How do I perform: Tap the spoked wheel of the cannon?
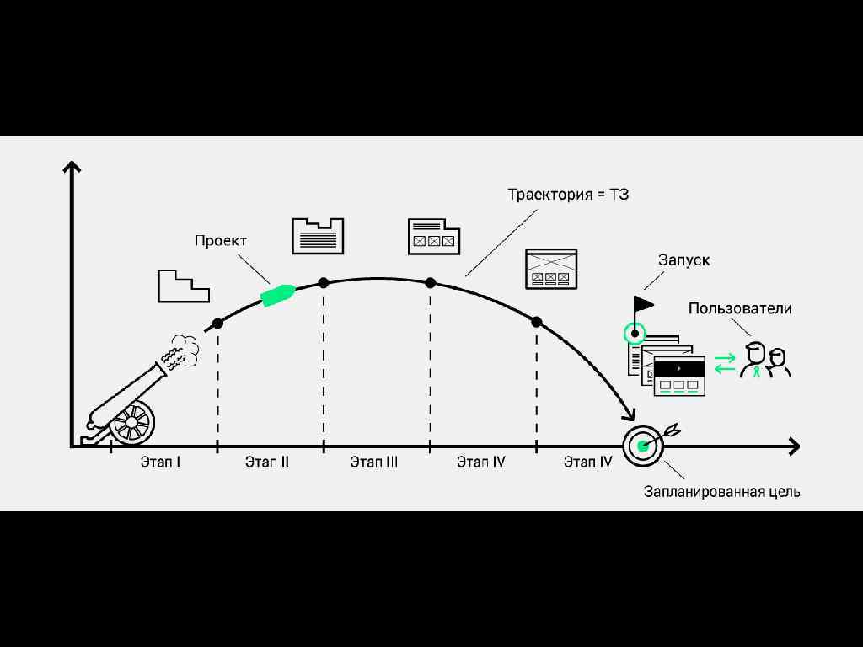click(132, 423)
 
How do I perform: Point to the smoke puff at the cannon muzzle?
click(181, 351)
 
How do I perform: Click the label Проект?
click(221, 241)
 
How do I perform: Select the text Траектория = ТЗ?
click(568, 195)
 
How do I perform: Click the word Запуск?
click(683, 260)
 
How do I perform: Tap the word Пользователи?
click(740, 308)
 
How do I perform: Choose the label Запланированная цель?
click(722, 492)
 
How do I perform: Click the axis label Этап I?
click(161, 462)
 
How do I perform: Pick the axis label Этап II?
click(267, 462)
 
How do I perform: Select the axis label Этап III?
click(374, 462)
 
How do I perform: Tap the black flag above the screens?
click(643, 302)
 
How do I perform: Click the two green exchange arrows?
click(725, 363)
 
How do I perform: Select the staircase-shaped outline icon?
click(183, 286)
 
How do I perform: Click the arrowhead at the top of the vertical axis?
click(72, 165)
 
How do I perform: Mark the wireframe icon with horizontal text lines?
click(318, 236)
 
